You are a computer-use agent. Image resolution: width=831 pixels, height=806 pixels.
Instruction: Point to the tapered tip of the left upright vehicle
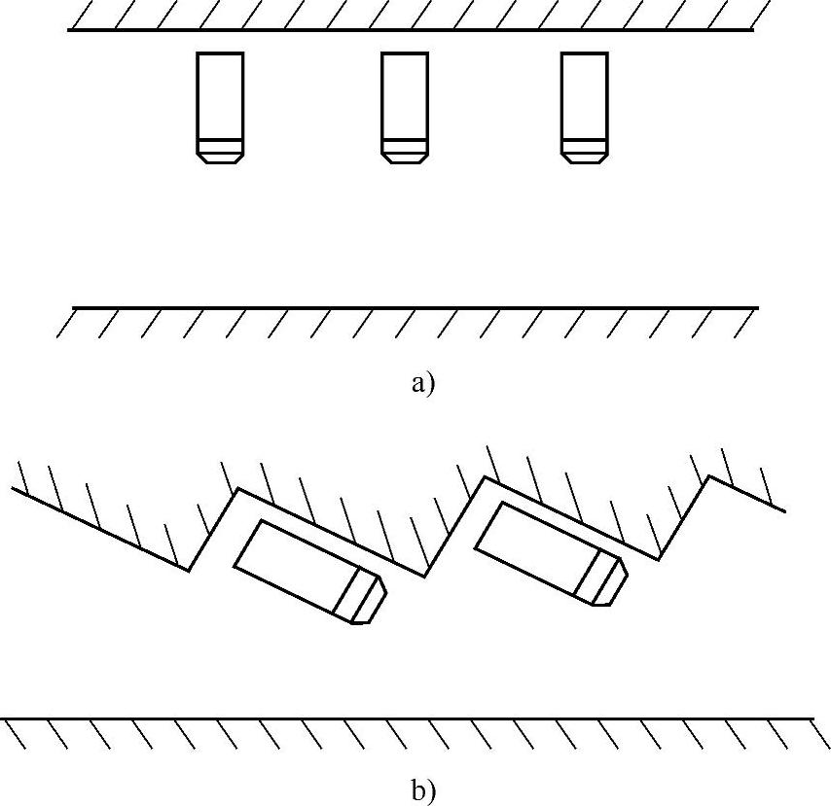coord(219,157)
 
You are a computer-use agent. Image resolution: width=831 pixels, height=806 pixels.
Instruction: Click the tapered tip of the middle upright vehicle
coord(404,157)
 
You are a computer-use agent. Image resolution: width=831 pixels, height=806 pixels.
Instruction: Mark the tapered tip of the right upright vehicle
coord(585,157)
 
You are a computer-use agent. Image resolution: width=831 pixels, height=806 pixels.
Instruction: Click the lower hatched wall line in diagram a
coord(415,308)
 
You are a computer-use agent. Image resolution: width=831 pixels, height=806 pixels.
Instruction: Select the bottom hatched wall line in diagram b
coord(409,718)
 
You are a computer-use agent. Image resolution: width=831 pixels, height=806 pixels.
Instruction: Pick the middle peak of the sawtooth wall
coord(485,477)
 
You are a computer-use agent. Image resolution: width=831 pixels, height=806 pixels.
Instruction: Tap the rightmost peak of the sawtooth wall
coord(709,476)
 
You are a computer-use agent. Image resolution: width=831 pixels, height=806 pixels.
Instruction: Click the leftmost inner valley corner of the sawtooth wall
coord(190,571)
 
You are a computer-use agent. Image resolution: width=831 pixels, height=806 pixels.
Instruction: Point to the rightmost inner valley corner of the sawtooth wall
coord(660,560)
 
